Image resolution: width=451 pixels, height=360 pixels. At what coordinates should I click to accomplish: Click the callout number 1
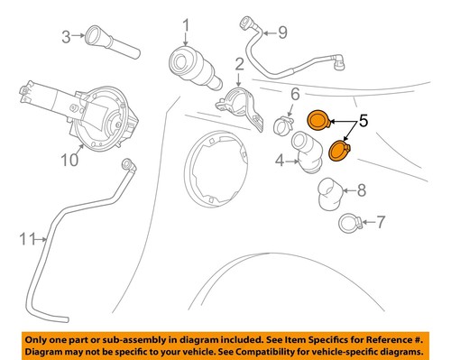(x=186, y=25)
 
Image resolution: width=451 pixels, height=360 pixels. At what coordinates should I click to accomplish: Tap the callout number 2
(x=240, y=65)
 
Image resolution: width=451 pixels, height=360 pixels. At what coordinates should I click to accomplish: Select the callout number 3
(x=66, y=37)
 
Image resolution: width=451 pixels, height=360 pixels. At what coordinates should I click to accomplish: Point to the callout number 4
(x=280, y=160)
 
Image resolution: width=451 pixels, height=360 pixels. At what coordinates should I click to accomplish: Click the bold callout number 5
(x=364, y=121)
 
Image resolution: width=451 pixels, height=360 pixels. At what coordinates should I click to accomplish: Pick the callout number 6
(x=295, y=94)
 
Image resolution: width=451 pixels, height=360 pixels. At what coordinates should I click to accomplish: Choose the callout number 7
(x=381, y=222)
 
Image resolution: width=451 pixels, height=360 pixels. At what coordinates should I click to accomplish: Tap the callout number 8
(x=362, y=190)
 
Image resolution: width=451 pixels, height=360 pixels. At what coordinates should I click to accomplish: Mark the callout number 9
(x=282, y=32)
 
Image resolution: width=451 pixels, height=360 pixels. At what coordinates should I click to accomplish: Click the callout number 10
(x=69, y=160)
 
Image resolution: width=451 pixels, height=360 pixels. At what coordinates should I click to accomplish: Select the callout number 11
(x=28, y=239)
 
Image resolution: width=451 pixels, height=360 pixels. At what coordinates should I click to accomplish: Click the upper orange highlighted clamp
(x=318, y=121)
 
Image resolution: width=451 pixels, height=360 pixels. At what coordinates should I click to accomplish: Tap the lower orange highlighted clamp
(x=340, y=151)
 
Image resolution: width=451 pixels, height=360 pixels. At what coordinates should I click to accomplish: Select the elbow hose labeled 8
(x=329, y=194)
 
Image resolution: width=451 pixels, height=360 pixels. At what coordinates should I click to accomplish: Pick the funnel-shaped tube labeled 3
(x=112, y=42)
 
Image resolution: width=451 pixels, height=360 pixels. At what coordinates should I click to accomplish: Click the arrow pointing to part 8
(x=349, y=190)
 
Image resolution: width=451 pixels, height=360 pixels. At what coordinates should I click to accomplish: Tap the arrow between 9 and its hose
(x=269, y=32)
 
